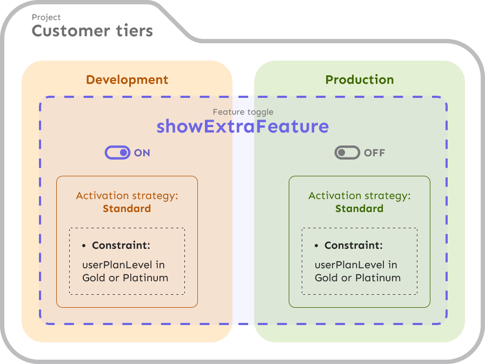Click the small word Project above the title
pos(46,17)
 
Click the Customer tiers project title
pos(92,31)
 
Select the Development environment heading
pos(127,80)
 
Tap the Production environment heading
pos(360,80)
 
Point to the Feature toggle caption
pos(243,112)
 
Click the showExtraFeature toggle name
pos(243,127)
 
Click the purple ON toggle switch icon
pos(117,153)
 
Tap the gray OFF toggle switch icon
pos(347,153)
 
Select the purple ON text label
pos(142,153)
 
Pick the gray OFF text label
pos(375,153)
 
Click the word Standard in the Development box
pos(127,209)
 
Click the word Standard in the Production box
pos(360,209)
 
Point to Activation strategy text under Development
pos(127,196)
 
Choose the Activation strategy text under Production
pos(360,196)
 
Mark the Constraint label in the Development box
pos(121,246)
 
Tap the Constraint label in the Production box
pos(354,246)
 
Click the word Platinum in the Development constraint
pos(145,278)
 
